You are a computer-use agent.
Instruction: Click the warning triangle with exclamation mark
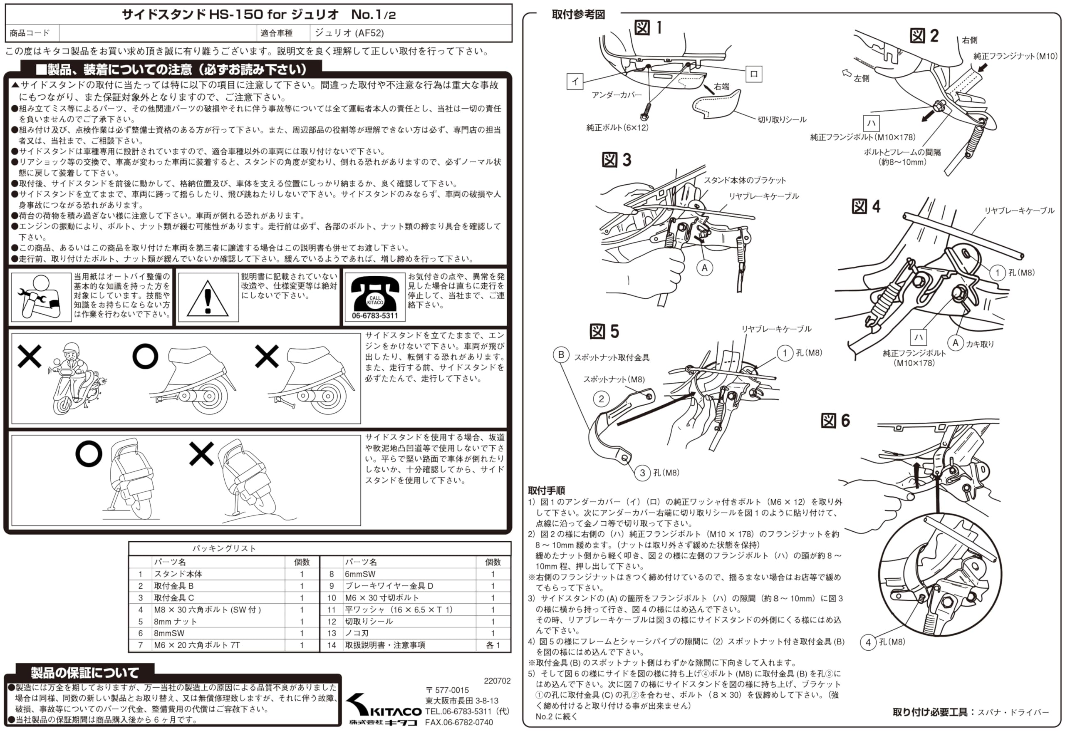208,298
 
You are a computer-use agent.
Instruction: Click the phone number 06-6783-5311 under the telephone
375,316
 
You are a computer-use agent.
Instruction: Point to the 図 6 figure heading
835,420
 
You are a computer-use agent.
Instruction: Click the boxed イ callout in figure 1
575,81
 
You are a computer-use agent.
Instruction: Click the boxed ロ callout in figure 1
754,73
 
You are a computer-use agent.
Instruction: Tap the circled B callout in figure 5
561,355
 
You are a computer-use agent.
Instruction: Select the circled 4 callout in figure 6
868,642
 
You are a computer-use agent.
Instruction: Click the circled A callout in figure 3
704,268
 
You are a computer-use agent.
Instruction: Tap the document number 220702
497,681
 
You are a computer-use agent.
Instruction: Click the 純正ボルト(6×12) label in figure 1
617,127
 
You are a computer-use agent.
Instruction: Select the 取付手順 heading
546,490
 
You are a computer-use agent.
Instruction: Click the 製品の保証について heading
85,672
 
